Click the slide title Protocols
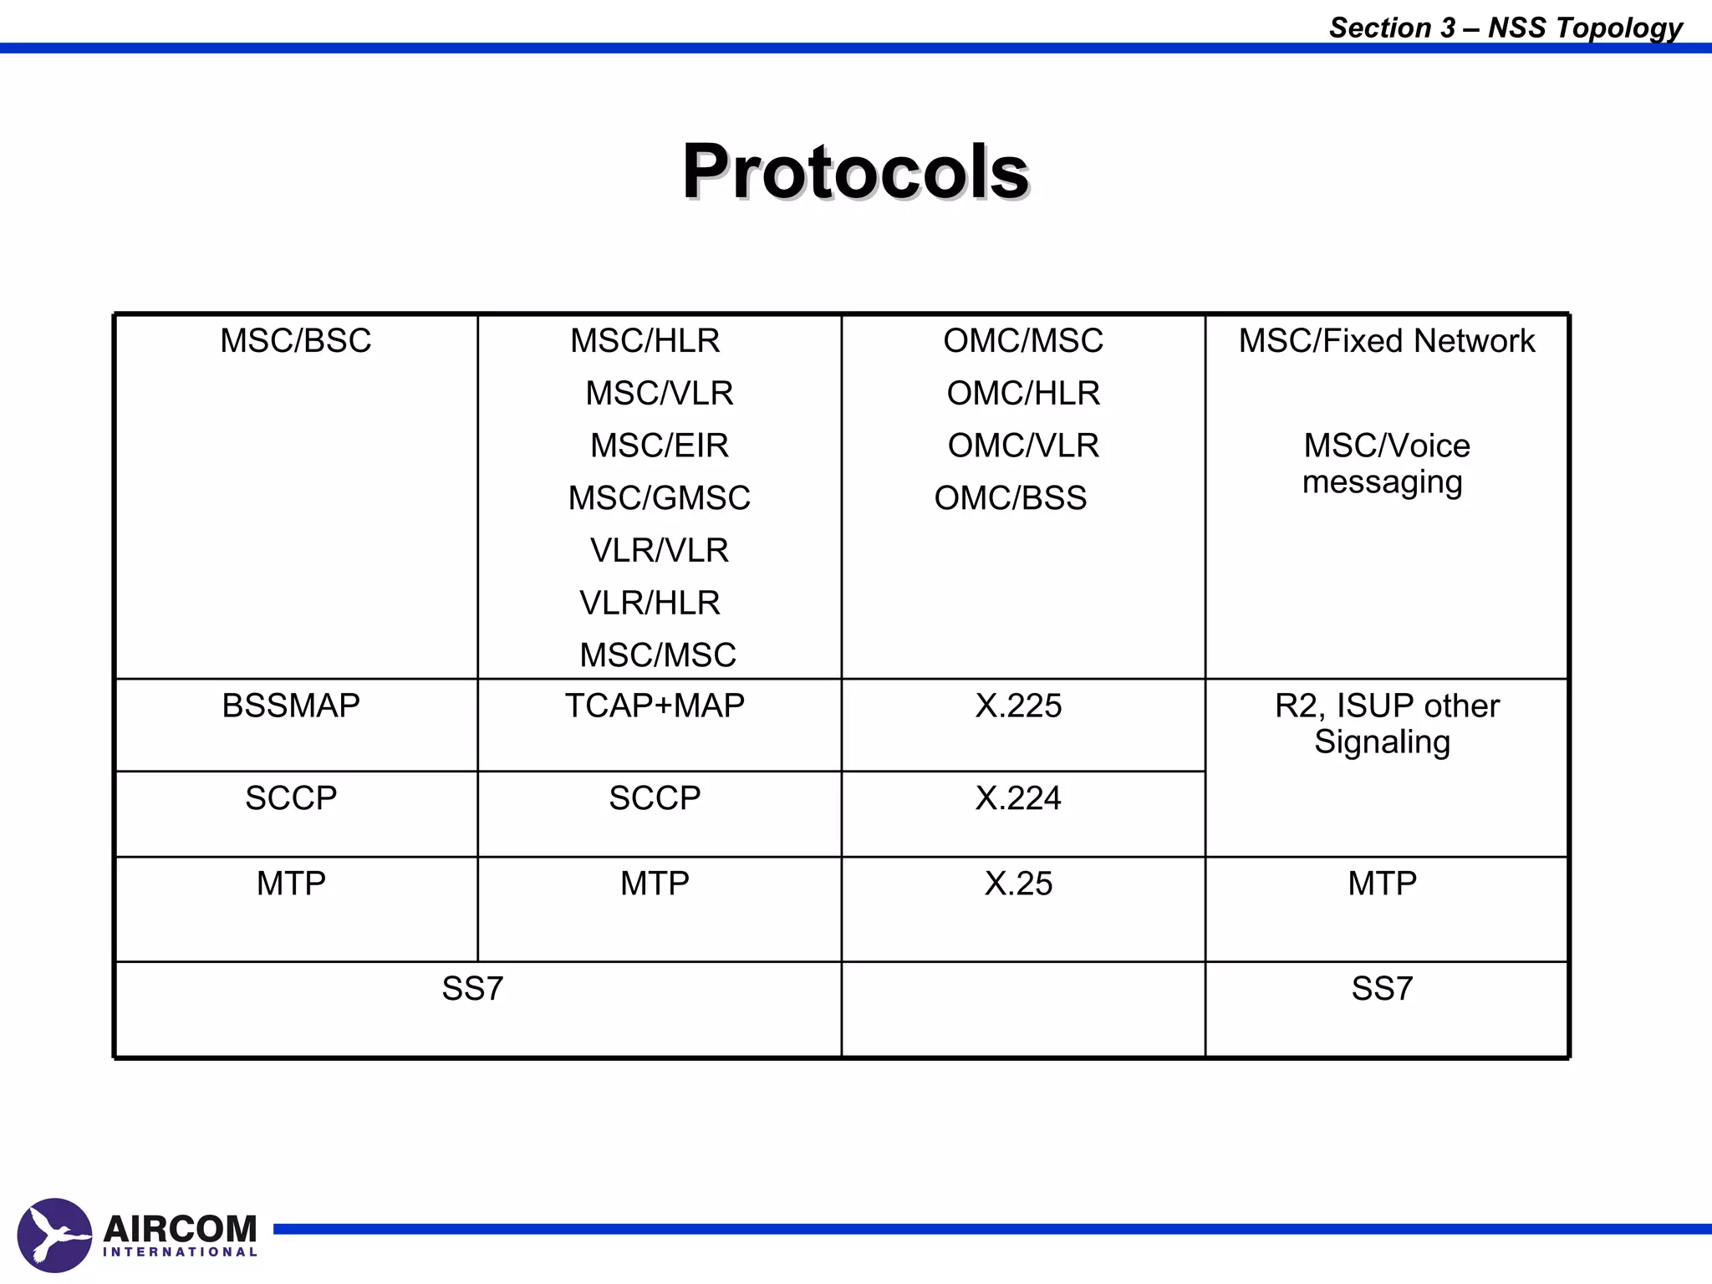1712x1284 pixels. pos(855,171)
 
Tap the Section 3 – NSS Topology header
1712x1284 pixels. pos(1506,28)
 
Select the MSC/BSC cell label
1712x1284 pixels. pos(295,341)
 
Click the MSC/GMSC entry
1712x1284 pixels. pos(659,498)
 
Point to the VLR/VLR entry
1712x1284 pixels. pos(659,551)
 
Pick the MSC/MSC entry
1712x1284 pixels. pos(658,655)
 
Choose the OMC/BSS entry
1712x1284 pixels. pos(1010,498)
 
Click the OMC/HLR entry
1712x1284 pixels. pos(1023,394)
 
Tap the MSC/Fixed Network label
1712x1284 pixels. pos(1386,341)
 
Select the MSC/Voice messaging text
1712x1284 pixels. pos(1385,464)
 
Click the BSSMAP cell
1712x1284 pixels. pos(291,706)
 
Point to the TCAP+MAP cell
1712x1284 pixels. pos(655,706)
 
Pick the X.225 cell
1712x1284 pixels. pos(1018,706)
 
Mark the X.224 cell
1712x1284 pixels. pos(1018,798)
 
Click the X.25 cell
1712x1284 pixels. pos(1018,884)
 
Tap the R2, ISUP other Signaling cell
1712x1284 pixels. pos(1385,724)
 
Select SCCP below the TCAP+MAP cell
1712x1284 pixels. pos(655,798)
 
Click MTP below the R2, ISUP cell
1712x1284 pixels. pos(1382,884)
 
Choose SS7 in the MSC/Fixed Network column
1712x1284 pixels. pos(1382,989)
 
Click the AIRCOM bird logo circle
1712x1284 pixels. pos(54,1235)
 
